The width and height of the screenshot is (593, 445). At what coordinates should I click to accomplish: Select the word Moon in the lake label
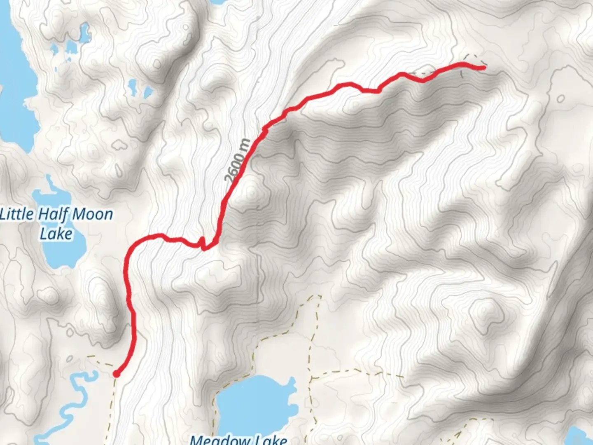pyautogui.click(x=93, y=215)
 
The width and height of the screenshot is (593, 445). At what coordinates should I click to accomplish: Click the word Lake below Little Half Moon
pyautogui.click(x=56, y=234)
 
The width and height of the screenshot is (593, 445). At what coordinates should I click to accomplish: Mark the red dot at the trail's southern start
pyautogui.click(x=117, y=374)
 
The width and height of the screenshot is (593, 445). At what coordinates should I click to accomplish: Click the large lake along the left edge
pyautogui.click(x=14, y=82)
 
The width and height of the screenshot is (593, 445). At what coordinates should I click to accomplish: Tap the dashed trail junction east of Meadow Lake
pyautogui.click(x=311, y=377)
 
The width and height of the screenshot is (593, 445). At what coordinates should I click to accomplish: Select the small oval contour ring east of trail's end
pyautogui.click(x=561, y=99)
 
